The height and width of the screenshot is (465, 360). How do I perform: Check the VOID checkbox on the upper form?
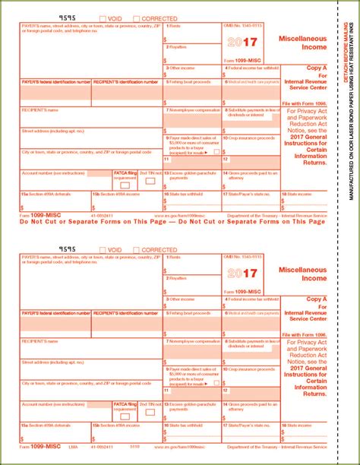pyautogui.click(x=103, y=19)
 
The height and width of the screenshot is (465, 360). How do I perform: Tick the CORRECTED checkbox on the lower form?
pyautogui.click(x=137, y=250)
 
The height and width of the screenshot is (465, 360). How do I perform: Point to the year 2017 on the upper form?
pyautogui.click(x=242, y=40)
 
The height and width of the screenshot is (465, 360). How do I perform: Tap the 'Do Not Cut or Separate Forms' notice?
pyautogui.click(x=163, y=221)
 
